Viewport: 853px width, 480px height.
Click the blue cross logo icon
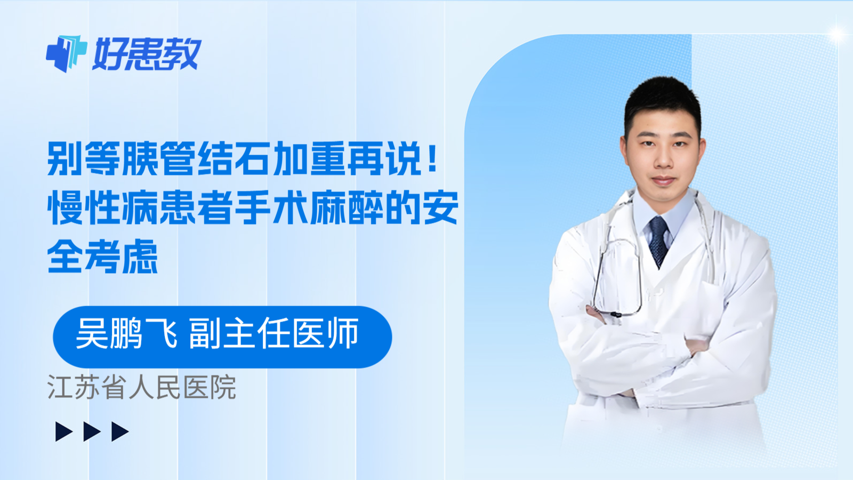click(x=66, y=53)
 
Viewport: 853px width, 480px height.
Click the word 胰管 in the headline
click(x=158, y=159)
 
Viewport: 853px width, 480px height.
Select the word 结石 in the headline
click(x=234, y=159)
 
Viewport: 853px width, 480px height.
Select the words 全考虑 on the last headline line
click(x=103, y=257)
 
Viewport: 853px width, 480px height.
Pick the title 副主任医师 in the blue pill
click(x=274, y=334)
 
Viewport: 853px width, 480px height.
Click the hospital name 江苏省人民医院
click(x=142, y=387)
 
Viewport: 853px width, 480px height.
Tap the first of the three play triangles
click(x=64, y=431)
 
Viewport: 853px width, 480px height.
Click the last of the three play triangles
click(x=120, y=431)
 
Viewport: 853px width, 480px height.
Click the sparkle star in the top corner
click(x=836, y=35)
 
